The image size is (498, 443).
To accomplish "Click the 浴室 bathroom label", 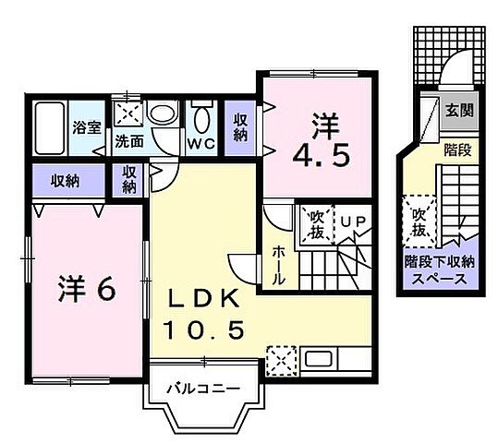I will [x=87, y=128].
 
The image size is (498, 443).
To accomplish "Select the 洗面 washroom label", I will [x=129, y=142].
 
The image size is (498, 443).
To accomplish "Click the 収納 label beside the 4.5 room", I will [x=240, y=126].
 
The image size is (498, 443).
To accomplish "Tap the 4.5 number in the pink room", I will [x=322, y=154].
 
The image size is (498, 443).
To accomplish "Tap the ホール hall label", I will [x=278, y=264].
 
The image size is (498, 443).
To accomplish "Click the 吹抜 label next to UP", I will [x=315, y=222].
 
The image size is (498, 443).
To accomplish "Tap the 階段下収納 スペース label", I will [x=438, y=268].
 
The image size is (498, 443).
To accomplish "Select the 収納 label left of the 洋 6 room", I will [x=64, y=180].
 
